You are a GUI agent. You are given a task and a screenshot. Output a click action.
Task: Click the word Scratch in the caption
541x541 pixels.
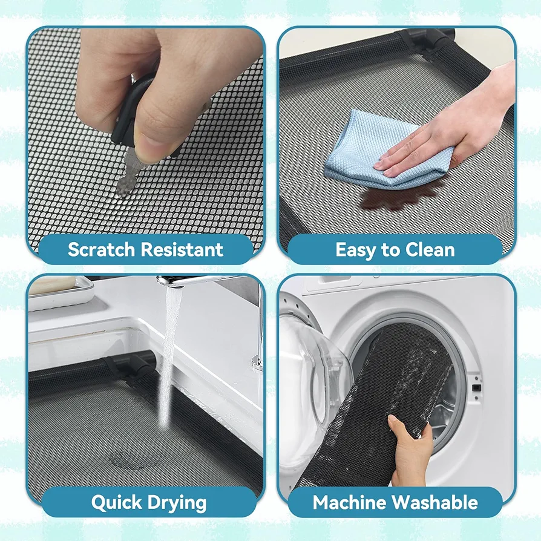pos(102,249)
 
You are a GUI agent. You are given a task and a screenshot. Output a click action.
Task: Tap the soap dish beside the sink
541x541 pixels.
pos(61,291)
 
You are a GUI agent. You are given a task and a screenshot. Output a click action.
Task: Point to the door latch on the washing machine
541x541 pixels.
pos(476,388)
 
